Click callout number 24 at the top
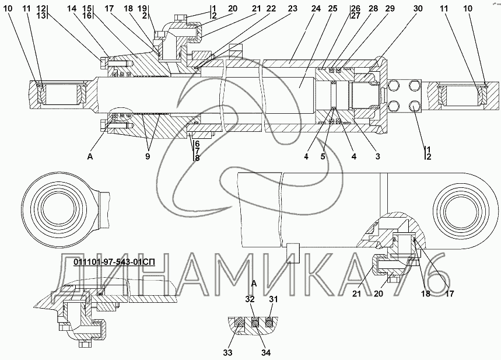point(316,9)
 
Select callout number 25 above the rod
point(332,9)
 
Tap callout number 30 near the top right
point(418,9)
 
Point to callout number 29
point(390,9)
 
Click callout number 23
point(292,9)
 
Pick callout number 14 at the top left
point(72,9)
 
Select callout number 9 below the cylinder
point(148,156)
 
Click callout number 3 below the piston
point(378,156)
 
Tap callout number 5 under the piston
point(323,156)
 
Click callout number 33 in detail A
point(228,352)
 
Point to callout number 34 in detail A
point(266,352)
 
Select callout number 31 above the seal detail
point(273,299)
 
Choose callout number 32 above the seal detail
point(250,299)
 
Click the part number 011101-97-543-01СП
point(114,262)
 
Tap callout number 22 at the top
point(271,9)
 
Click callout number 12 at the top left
point(41,8)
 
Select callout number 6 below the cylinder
point(197,144)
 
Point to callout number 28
point(373,9)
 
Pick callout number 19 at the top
point(143,8)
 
